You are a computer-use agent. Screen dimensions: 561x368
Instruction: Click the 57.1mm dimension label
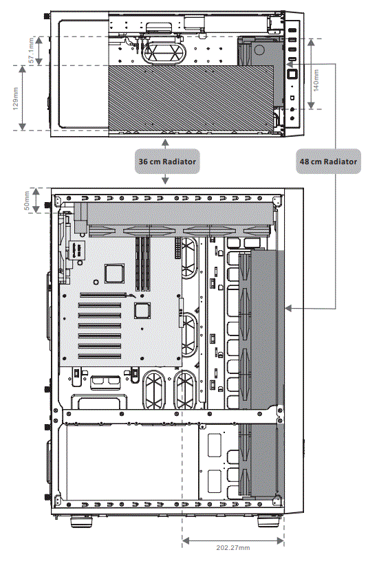point(32,51)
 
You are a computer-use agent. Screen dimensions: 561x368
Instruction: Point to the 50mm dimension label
point(28,200)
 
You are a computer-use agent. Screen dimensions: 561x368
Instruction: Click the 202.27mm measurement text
point(232,547)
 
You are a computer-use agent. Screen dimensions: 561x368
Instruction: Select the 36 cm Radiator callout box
point(167,162)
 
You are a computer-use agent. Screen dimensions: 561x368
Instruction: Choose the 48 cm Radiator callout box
point(328,162)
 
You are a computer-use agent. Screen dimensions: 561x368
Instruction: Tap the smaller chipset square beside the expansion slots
point(142,310)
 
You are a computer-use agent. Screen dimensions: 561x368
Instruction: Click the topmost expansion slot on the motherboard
point(105,296)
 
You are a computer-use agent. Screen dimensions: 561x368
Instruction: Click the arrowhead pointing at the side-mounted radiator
point(289,308)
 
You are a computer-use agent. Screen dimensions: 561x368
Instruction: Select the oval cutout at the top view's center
point(164,51)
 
